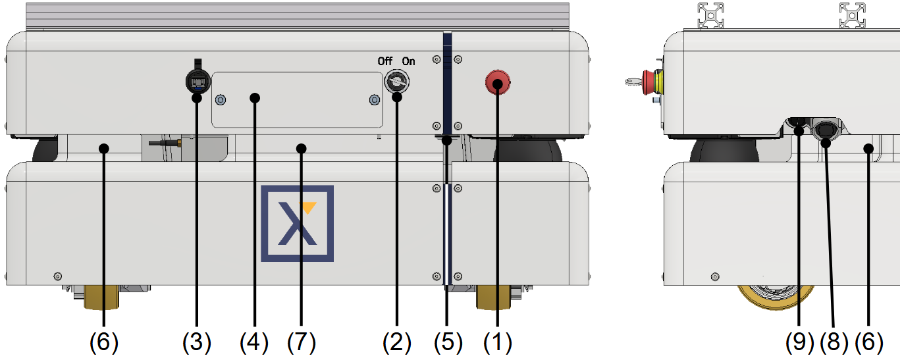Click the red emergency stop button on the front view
(498, 83)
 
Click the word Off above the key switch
(385, 61)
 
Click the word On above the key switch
(409, 61)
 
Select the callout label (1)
(498, 342)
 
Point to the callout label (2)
(396, 342)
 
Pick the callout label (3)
(197, 342)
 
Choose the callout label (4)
(254, 342)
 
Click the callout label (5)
(448, 342)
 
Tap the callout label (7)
(302, 342)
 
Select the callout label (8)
(833, 342)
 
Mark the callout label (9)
(799, 342)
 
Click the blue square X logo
(297, 223)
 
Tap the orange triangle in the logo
(308, 208)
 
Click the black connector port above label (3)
(196, 81)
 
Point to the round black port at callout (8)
(825, 129)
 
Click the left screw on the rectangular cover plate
(221, 100)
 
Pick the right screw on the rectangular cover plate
(375, 100)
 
